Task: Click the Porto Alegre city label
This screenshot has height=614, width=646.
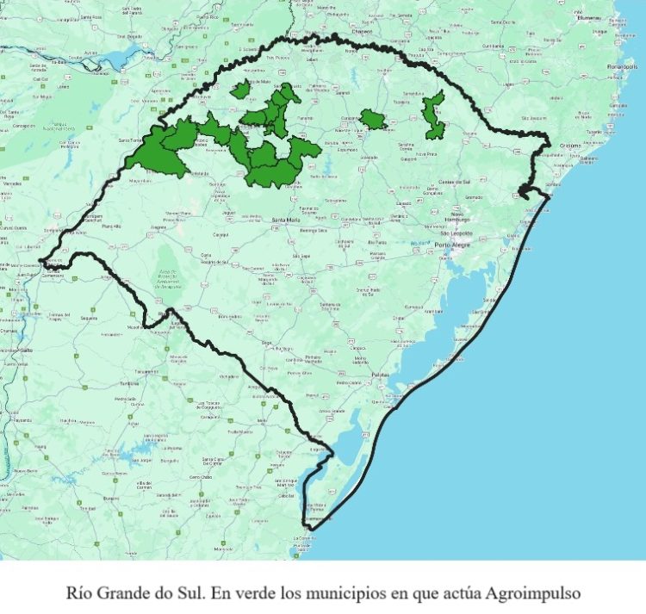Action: pyautogui.click(x=455, y=245)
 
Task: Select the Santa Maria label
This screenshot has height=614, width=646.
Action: pyautogui.click(x=287, y=220)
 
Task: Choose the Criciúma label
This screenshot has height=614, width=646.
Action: pyautogui.click(x=569, y=146)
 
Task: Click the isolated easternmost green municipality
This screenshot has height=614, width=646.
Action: pyautogui.click(x=434, y=116)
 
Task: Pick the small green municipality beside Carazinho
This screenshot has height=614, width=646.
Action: pyautogui.click(x=373, y=119)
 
